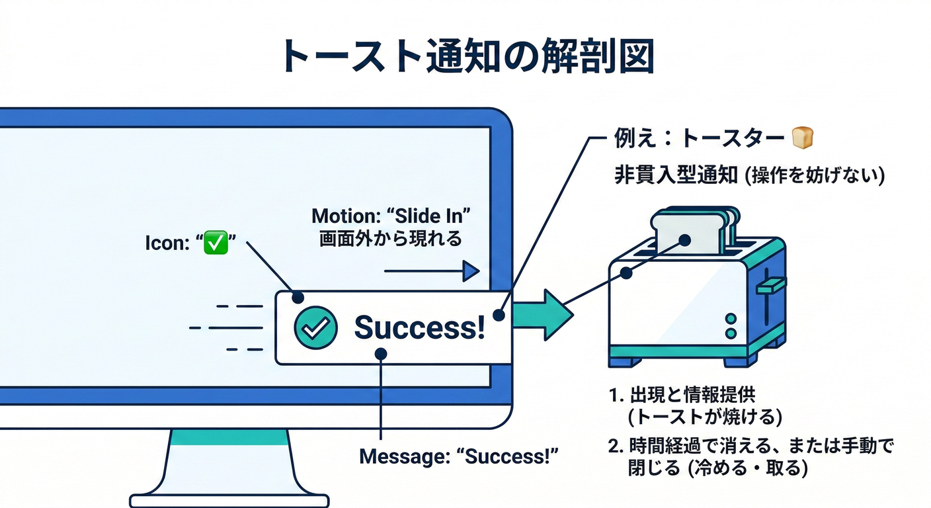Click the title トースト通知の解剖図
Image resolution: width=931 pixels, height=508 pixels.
click(x=466, y=57)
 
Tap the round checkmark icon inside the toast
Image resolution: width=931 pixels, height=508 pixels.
click(x=315, y=327)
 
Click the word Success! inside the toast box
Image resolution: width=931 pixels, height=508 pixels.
click(x=419, y=327)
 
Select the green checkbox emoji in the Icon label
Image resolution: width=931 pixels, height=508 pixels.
click(x=216, y=243)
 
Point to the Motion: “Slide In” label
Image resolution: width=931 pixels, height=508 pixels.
click(x=395, y=216)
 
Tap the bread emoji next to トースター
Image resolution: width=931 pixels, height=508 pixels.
click(x=802, y=138)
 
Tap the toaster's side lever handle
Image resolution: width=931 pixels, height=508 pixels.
click(x=771, y=286)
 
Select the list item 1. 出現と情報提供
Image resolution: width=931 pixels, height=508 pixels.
click(x=682, y=396)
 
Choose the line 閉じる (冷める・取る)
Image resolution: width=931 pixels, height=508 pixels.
click(x=718, y=468)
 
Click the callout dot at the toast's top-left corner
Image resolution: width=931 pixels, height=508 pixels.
click(x=298, y=298)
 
